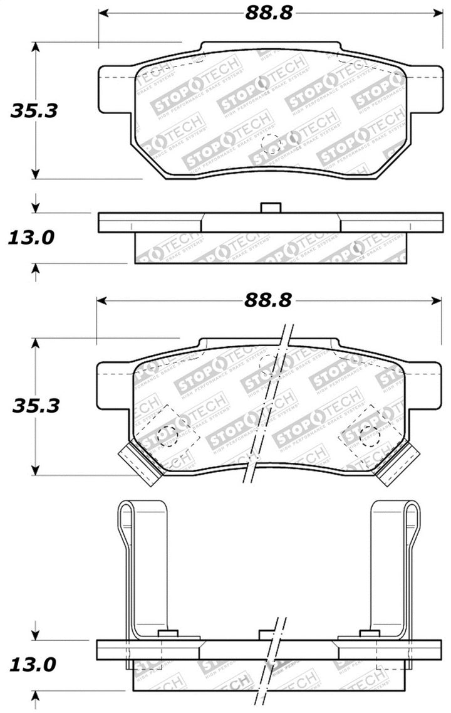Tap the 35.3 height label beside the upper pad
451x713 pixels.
point(34,111)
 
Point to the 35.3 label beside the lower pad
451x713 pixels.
point(36,406)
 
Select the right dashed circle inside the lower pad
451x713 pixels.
point(366,436)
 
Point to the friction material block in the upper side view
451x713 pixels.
point(269,248)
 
